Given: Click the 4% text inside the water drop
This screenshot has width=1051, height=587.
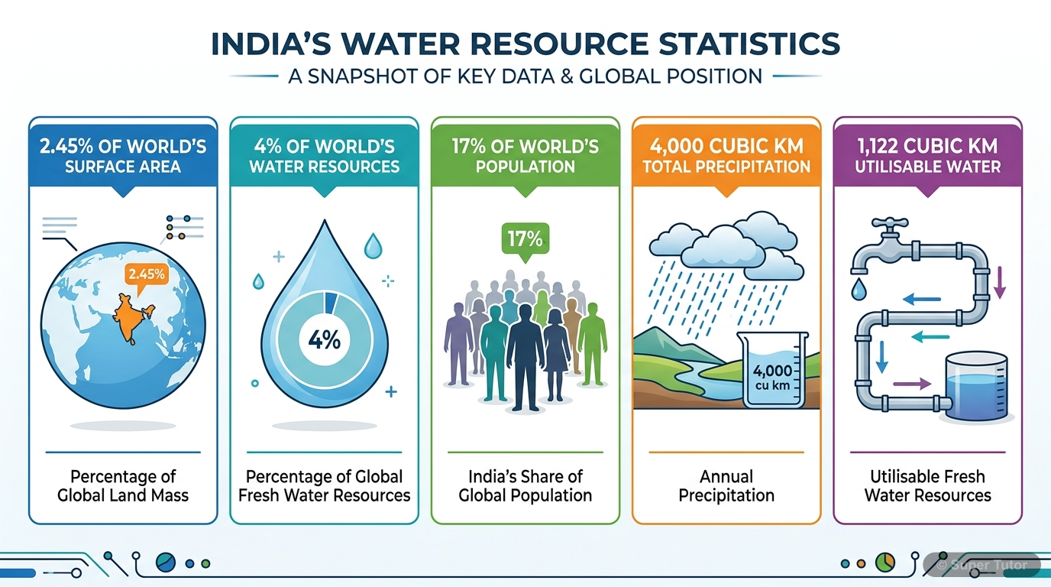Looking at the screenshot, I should (324, 339).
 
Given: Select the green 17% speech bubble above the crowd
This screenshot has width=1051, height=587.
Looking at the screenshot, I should (525, 238).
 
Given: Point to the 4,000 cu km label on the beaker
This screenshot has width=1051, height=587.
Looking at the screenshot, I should (771, 378).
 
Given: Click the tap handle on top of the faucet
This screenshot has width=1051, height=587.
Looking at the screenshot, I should (891, 224).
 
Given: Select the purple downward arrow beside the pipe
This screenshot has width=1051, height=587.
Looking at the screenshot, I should (1001, 282).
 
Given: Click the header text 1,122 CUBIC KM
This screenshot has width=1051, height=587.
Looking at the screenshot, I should (928, 146).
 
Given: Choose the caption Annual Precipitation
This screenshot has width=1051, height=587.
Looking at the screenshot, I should (726, 485).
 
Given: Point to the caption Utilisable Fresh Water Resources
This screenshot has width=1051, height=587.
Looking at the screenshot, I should (927, 485).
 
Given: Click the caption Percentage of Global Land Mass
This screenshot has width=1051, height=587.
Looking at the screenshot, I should (123, 485).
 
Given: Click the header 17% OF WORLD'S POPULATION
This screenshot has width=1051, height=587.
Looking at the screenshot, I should (525, 155).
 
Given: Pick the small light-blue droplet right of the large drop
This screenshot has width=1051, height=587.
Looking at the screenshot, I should (373, 245).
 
